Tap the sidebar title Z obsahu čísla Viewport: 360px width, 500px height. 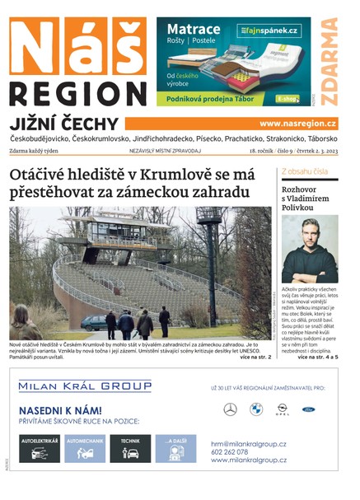pos(305,172)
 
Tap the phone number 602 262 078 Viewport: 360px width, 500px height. pos(235,451)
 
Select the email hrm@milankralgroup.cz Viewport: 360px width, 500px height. pos(248,443)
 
